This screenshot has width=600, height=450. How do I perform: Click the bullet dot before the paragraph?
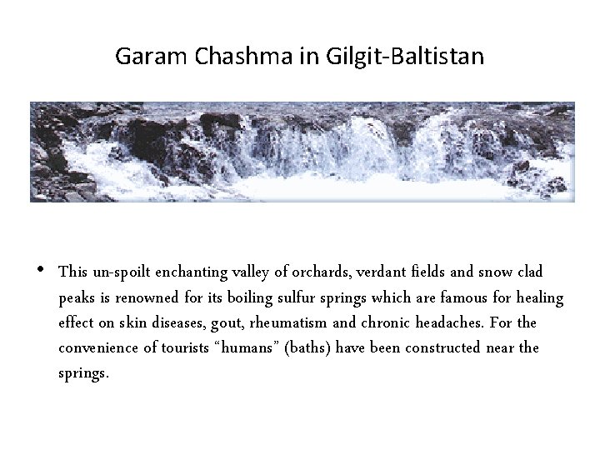[40, 270]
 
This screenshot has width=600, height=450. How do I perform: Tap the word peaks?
[77, 298]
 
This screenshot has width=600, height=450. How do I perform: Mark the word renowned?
[145, 297]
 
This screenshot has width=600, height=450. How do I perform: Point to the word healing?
[540, 297]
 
